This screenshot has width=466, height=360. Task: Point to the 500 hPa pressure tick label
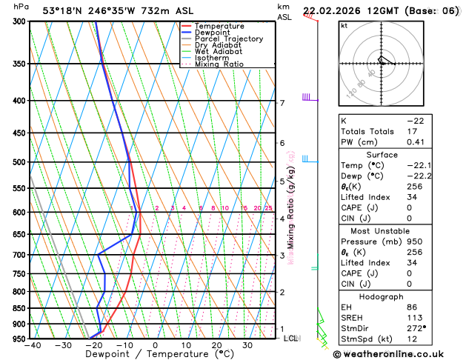pos(19,162)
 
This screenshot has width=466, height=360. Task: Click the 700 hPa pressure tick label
pos(19,255)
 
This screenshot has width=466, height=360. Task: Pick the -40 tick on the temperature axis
pos(32,345)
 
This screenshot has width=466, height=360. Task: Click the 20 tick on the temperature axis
pos(216,345)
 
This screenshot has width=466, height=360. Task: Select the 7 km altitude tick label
pos(282,103)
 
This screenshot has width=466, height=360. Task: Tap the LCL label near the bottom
pos(291,338)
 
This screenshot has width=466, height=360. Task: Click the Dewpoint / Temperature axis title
pos(146,355)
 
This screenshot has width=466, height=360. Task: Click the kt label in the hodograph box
pos(344,27)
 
